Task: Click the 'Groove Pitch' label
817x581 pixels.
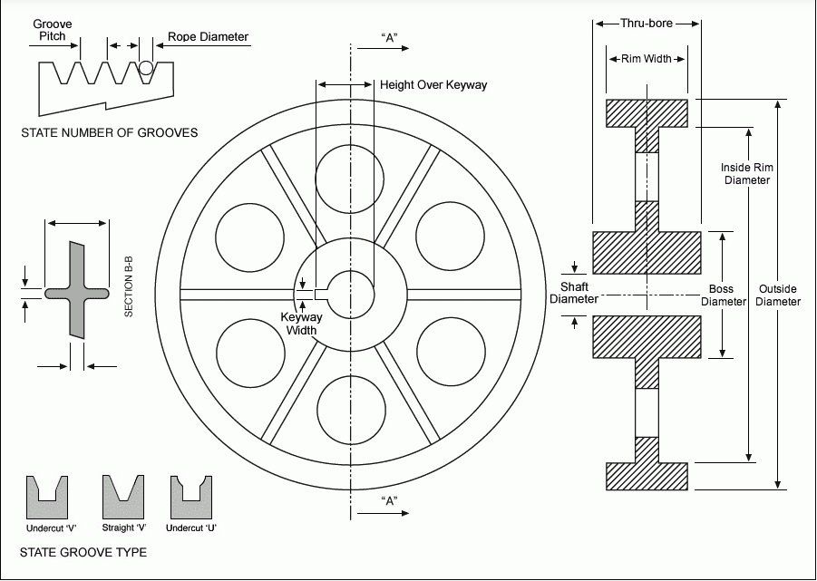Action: (x=53, y=30)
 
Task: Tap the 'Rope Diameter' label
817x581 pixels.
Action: (x=208, y=38)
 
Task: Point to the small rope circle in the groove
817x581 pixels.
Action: (x=146, y=67)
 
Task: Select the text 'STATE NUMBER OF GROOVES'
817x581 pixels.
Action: (x=110, y=133)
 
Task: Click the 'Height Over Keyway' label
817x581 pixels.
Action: (x=433, y=85)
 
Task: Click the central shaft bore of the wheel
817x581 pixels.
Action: (x=350, y=294)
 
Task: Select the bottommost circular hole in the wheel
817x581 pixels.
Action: (x=350, y=410)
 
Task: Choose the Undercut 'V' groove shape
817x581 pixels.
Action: (x=51, y=497)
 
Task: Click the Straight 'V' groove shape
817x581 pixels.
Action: (x=124, y=497)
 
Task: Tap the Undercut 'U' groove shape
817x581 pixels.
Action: (x=191, y=497)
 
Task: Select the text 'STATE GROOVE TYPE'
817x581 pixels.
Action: (x=83, y=552)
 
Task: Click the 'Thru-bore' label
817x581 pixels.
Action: (x=647, y=24)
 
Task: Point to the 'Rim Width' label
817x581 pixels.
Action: (x=647, y=59)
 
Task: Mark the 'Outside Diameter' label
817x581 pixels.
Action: (x=778, y=295)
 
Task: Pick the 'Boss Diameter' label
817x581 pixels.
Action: (x=722, y=295)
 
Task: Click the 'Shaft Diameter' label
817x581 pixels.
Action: (x=574, y=293)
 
